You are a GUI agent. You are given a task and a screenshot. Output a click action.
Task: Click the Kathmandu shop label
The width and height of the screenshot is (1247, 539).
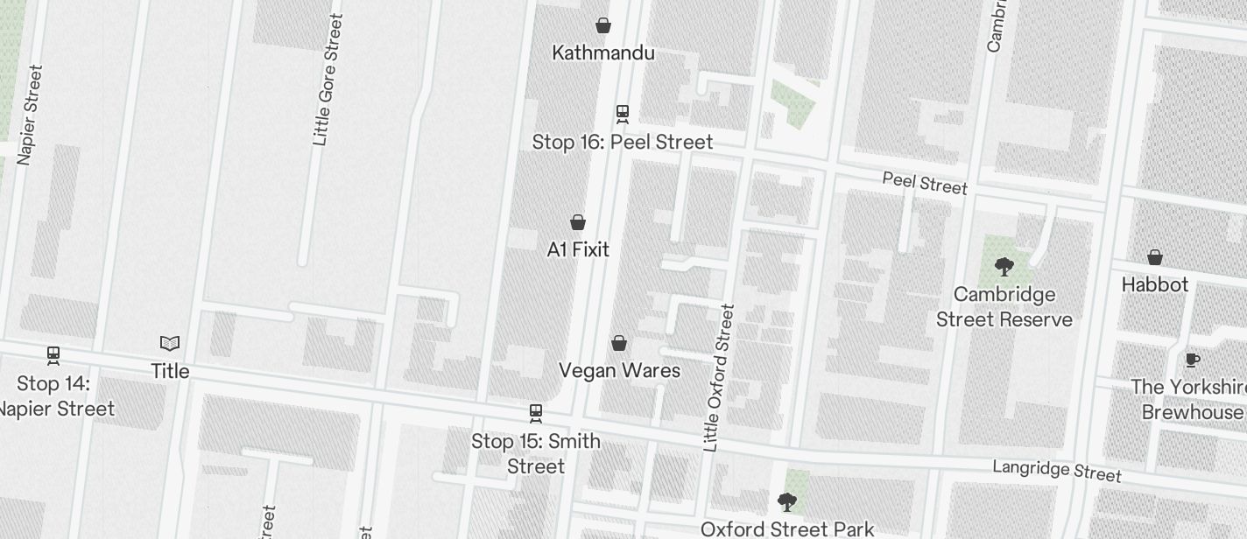coord(602,52)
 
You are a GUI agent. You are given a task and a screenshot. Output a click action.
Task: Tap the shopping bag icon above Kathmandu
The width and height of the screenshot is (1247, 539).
coord(603,25)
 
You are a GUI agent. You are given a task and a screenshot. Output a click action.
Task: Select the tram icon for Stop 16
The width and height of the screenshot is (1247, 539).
coord(623,114)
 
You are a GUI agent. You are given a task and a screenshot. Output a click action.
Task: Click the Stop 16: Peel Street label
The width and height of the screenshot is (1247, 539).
coord(623,142)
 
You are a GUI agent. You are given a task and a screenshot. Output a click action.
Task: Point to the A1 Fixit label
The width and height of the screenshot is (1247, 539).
coord(578,249)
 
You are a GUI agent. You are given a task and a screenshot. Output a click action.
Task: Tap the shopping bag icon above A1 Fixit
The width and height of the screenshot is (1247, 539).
coord(578,222)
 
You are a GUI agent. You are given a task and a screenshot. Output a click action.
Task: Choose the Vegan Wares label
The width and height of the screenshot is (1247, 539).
coord(619,370)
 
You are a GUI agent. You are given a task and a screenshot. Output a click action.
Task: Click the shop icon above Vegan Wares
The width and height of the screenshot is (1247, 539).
coord(619,343)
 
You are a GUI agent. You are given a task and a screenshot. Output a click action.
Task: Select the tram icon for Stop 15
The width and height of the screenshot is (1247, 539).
coord(536,413)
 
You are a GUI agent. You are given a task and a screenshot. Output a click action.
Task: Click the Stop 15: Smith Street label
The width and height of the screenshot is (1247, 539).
coord(536,453)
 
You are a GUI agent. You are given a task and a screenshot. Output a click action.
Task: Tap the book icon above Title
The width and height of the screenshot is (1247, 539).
coord(170,343)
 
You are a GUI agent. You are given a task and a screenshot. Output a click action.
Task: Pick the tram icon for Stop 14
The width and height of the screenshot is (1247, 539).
coord(53,355)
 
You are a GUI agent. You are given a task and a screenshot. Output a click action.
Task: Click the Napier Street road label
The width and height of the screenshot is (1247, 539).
coord(29,115)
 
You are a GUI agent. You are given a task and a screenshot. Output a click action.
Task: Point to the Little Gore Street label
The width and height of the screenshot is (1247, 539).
coord(328,80)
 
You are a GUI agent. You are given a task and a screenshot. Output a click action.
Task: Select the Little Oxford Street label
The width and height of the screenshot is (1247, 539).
coord(718,378)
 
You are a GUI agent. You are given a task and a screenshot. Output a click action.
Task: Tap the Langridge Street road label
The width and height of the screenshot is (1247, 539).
coord(1057,470)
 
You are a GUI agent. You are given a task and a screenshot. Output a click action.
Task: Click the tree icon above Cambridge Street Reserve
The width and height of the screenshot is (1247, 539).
coord(1004,266)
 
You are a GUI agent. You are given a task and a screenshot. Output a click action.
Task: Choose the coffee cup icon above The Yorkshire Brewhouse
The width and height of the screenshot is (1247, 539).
coord(1192,360)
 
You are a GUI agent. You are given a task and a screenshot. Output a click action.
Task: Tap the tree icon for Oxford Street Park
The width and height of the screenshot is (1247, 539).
coord(787,502)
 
